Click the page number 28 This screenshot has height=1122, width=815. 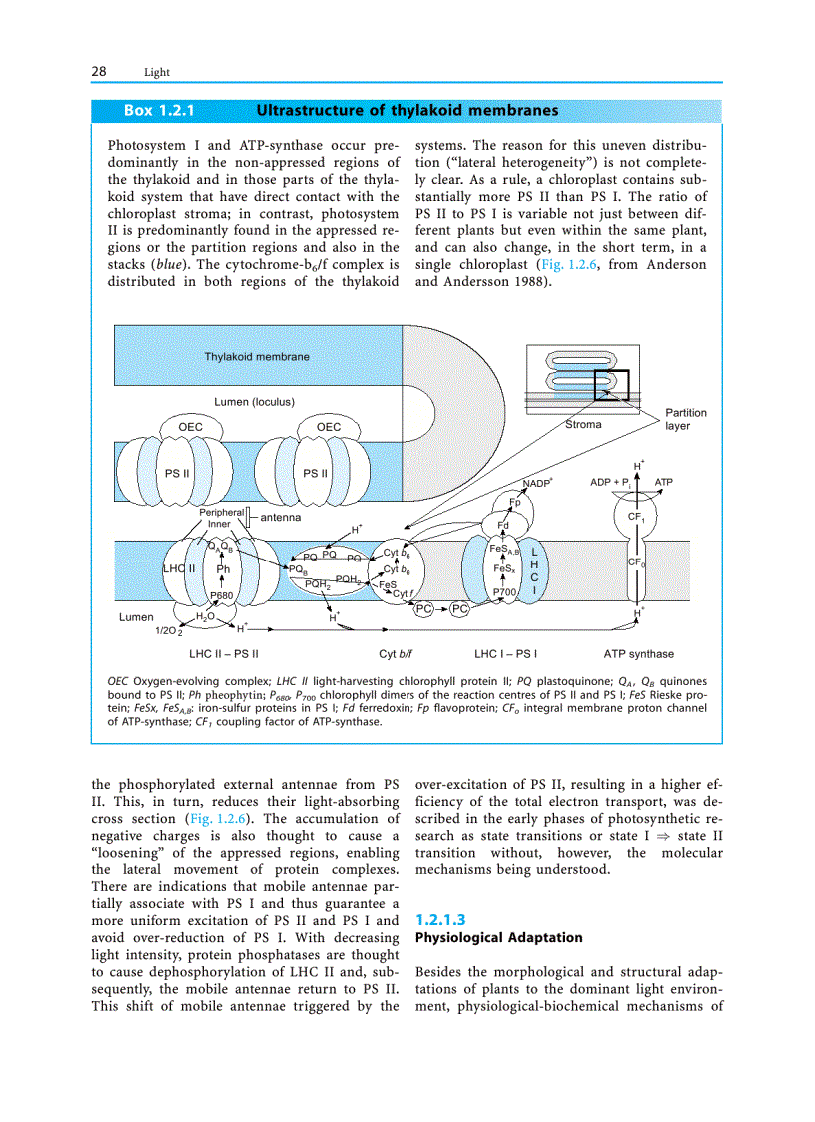pos(99,71)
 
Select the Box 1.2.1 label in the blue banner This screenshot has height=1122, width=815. pos(158,110)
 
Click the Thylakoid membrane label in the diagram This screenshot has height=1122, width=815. pos(257,356)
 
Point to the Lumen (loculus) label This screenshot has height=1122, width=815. pos(254,402)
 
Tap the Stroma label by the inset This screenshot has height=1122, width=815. pos(583,425)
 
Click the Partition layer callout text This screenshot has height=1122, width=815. pos(685,419)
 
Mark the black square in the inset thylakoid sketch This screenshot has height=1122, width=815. pos(611,385)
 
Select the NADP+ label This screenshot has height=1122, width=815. pos(538,484)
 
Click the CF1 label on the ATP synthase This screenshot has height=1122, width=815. pos(636,517)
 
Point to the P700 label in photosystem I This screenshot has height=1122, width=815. pos(505,592)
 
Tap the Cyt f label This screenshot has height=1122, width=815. pos(405,594)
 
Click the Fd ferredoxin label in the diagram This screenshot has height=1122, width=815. pos(503,524)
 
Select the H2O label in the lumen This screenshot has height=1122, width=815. pos(205,617)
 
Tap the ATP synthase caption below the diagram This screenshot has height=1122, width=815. pos(638,654)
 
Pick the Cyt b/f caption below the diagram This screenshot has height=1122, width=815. pos(397,654)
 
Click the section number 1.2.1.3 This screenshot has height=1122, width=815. pos(440,919)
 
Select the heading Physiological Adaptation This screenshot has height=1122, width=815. pos(498,938)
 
